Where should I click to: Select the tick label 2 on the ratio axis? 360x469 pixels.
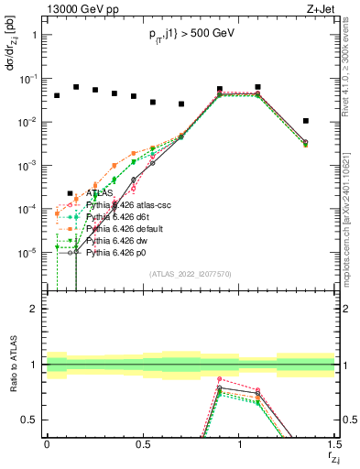32,310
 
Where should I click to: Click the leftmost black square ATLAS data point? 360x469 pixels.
57,95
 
